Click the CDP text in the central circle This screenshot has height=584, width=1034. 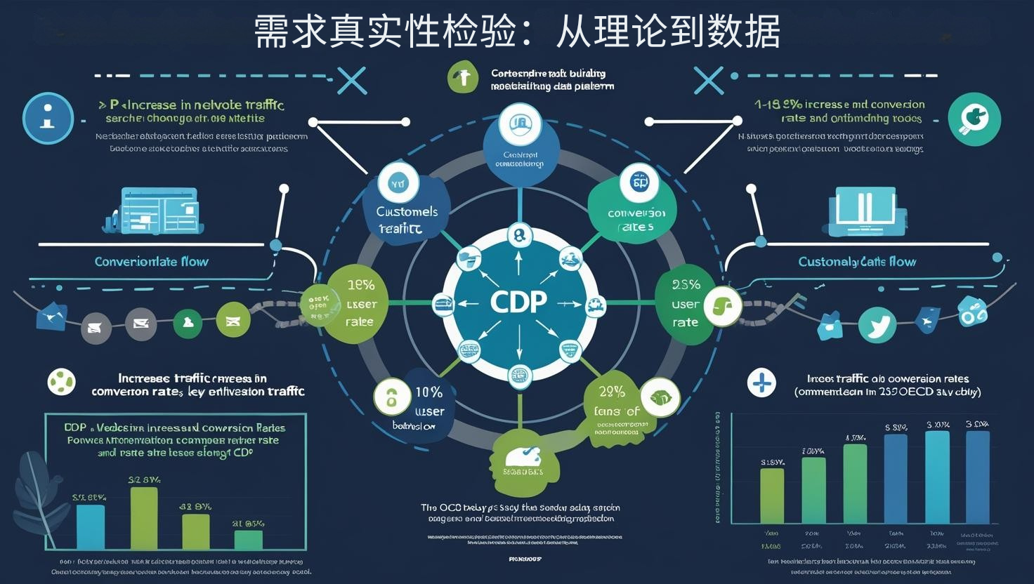(518, 302)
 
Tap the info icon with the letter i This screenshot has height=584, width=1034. (48, 117)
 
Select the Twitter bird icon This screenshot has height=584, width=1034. (877, 326)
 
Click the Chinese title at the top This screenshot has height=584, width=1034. (517, 32)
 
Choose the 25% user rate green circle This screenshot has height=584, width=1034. (685, 303)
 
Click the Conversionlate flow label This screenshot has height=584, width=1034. (152, 262)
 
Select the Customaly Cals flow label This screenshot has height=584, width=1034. (857, 262)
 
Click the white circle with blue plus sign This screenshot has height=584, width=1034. (762, 383)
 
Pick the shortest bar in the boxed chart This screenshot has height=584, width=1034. (248, 540)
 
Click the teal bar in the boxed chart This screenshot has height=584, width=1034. (90, 526)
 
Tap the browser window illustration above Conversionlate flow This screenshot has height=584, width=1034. (156, 211)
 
